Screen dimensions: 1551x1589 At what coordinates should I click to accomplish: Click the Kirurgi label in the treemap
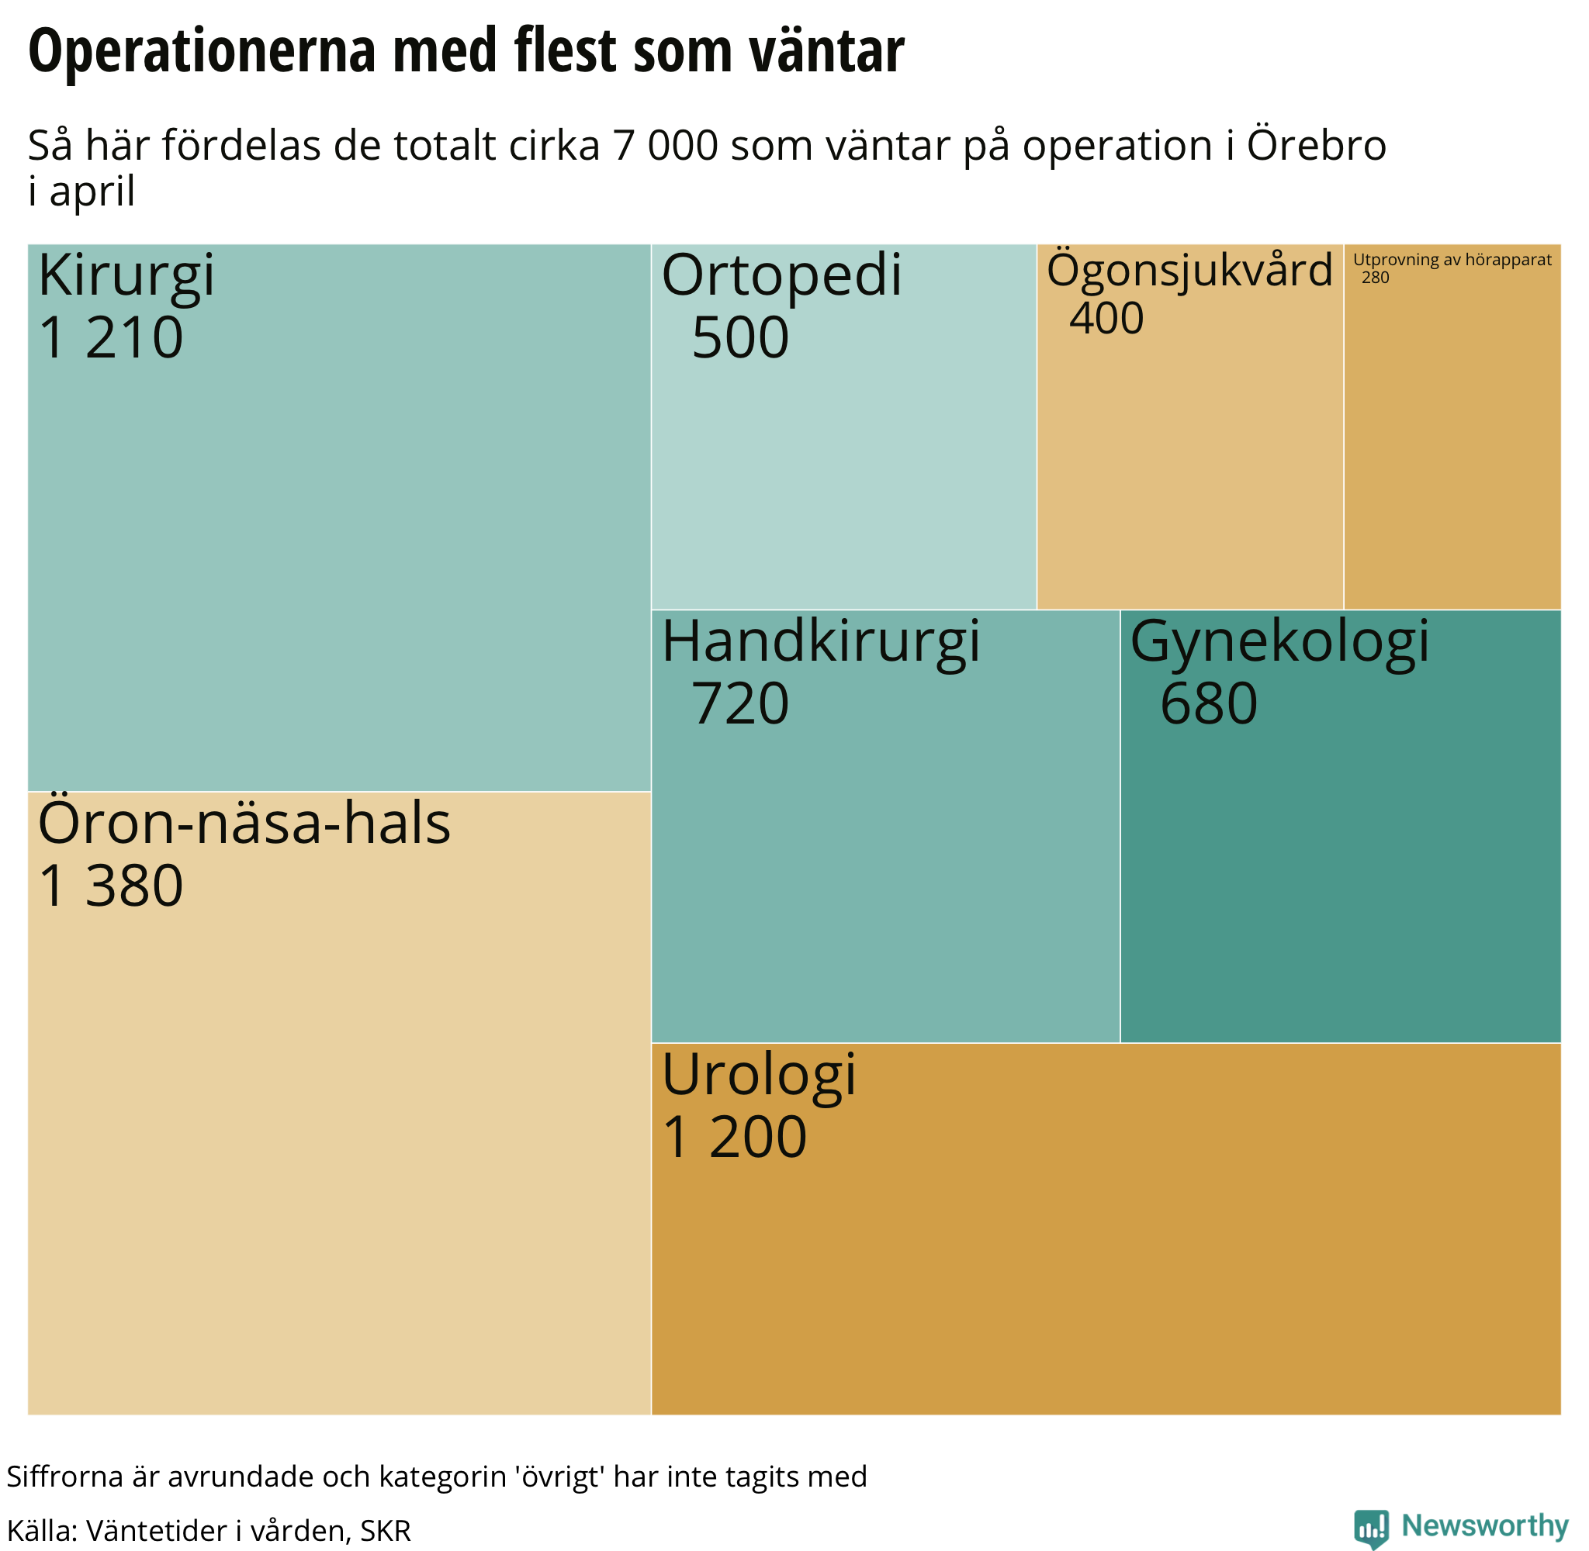coord(126,276)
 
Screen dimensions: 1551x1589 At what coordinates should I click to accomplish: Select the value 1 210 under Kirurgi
coord(111,338)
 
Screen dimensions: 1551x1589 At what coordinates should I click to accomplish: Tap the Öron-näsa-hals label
coord(244,824)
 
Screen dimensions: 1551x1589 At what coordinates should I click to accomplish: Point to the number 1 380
coord(111,886)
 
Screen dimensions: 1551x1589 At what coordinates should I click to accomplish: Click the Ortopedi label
coord(781,276)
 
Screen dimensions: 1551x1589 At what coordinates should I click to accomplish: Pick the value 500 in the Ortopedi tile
coord(740,338)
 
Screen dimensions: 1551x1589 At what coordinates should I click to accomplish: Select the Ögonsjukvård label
coord(1188,271)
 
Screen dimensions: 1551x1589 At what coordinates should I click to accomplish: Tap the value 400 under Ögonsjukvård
coord(1106,319)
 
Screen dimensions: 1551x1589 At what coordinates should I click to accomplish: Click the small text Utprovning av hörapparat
coord(1452,260)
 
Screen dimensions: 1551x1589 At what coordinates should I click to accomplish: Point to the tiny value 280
coord(1375,278)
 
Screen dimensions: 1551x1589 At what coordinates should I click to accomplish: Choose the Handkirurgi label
coord(820,642)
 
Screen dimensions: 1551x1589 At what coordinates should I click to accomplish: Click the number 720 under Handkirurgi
coord(740,704)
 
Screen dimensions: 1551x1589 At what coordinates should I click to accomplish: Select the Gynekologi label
coord(1279,642)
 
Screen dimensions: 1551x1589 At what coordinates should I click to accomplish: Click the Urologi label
coord(758,1076)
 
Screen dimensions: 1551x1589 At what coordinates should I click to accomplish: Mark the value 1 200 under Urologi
coord(734,1137)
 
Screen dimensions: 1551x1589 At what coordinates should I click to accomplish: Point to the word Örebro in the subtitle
coord(1316,146)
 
